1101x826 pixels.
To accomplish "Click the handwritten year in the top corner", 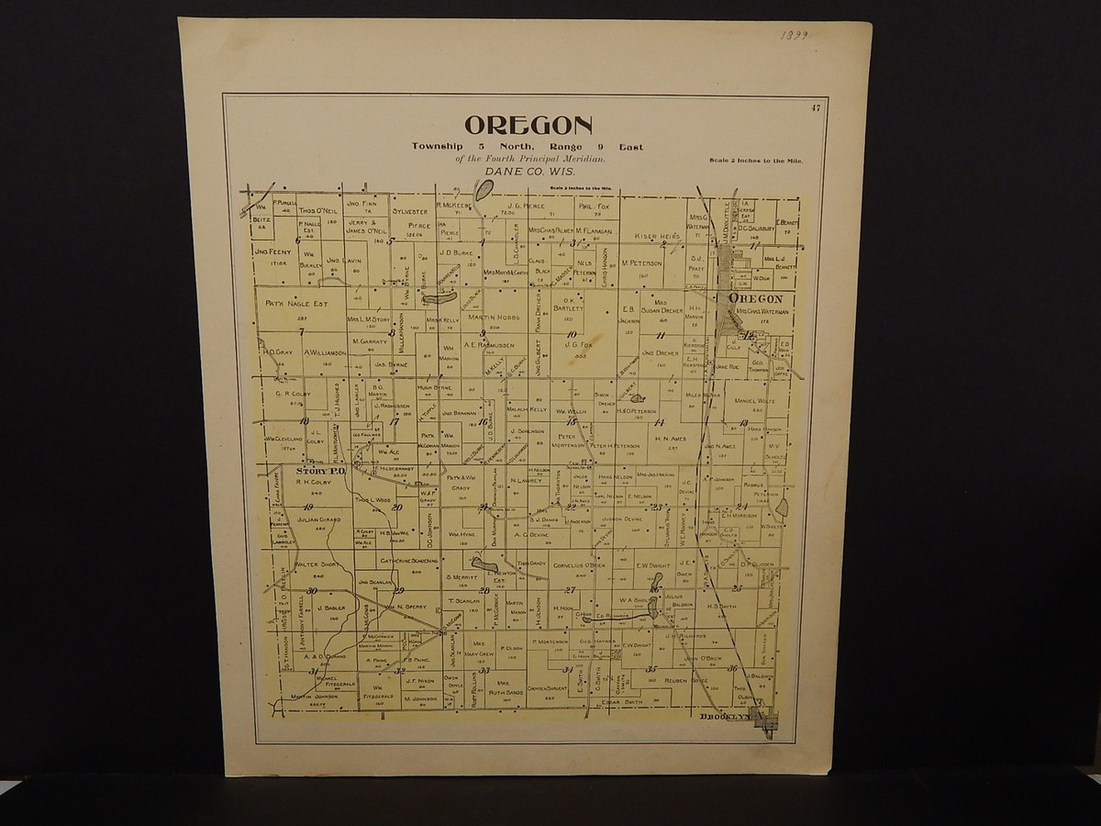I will (x=795, y=38).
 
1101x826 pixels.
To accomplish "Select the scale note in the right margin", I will (x=756, y=162).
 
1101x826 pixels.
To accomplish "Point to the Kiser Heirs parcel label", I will (x=657, y=237).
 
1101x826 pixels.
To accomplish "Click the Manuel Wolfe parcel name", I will (x=754, y=401).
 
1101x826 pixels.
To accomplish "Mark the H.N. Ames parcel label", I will (x=673, y=439).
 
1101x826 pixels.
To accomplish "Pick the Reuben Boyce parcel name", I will (x=688, y=681).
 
